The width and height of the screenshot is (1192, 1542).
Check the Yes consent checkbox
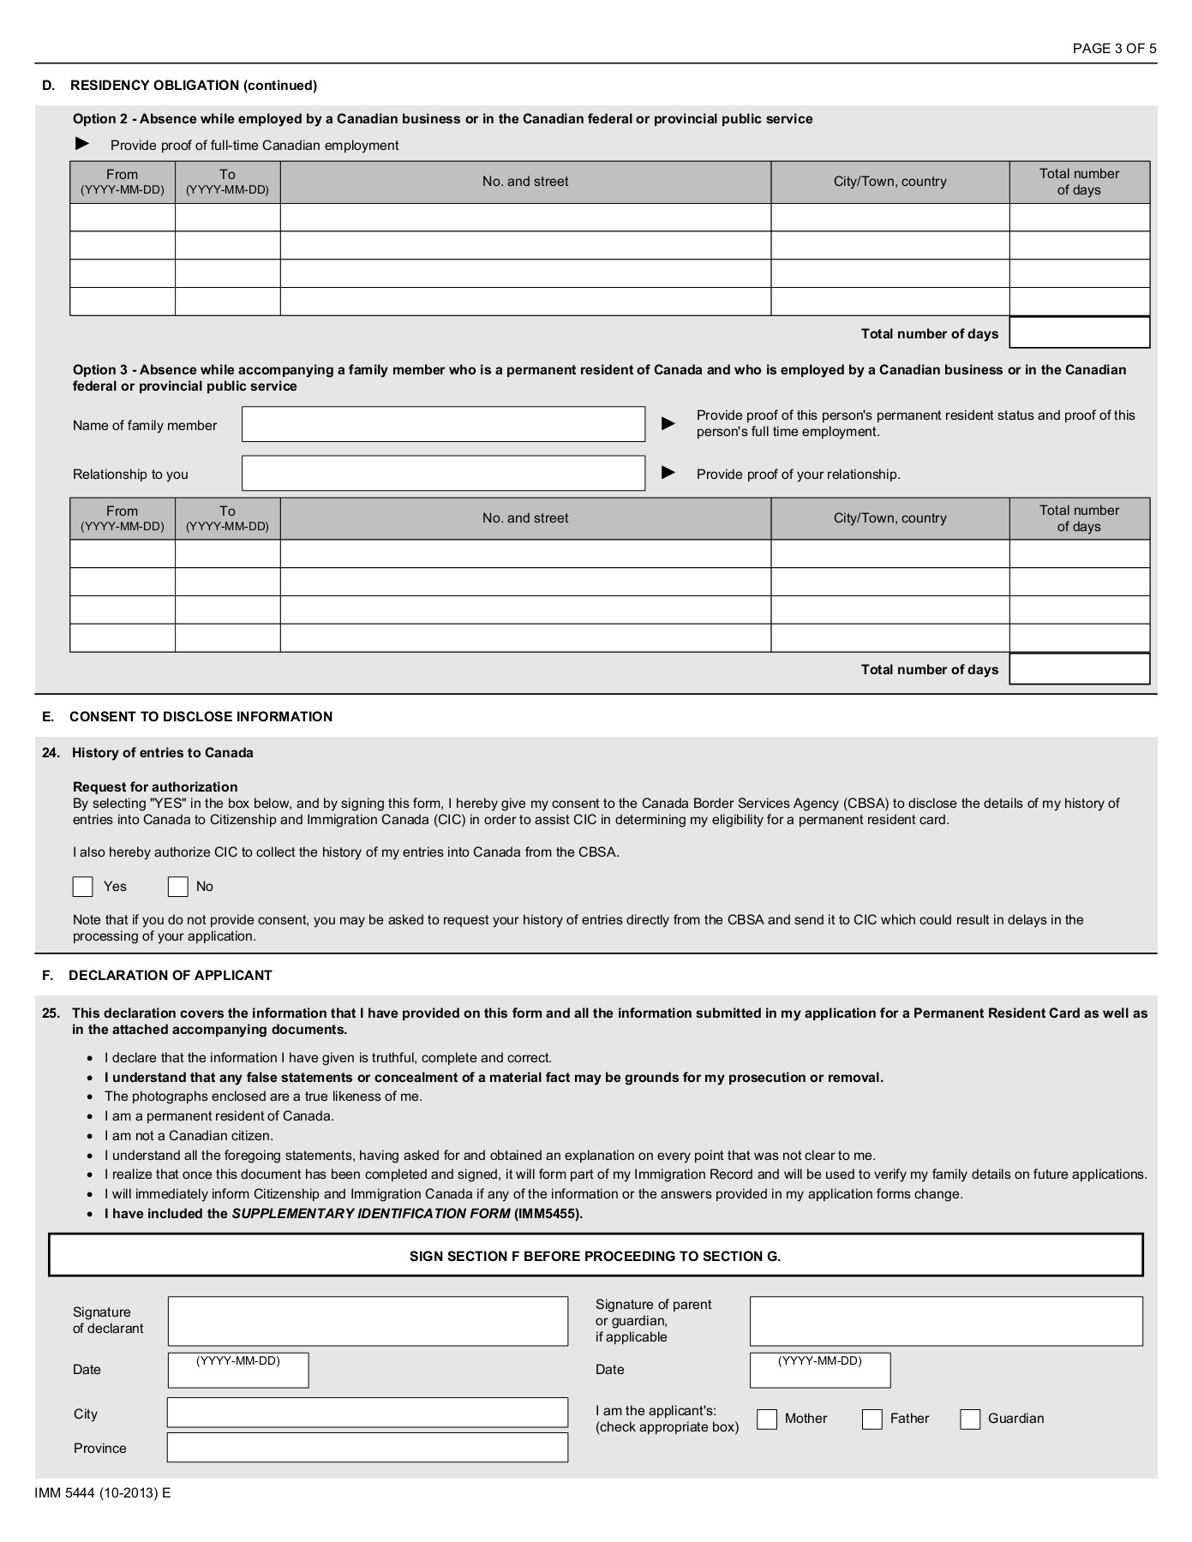pos(83,887)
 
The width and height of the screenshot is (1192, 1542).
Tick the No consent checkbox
pos(177,887)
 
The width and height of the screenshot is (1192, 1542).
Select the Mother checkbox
pos(767,1419)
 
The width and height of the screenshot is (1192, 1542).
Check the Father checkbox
pos(872,1419)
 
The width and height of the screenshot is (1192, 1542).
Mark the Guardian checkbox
pos(970,1419)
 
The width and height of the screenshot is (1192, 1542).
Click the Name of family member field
pos(443,425)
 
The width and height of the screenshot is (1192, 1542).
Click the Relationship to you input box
pos(443,473)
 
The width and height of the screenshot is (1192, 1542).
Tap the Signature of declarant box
pos(368,1321)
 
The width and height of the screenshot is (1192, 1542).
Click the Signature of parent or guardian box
pos(946,1321)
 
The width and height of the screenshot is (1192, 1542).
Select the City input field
pos(368,1413)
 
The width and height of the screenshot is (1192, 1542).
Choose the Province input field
pos(368,1447)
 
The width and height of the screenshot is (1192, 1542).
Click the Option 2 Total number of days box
pos(1079,333)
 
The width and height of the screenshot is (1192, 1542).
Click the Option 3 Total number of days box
pos(1079,669)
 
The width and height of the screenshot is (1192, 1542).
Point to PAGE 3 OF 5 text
pos(1114,49)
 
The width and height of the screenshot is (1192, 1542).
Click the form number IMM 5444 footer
pos(103,1492)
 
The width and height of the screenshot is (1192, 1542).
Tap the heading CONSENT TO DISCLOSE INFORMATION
pos(201,717)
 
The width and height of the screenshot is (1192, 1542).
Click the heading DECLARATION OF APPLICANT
pos(171,976)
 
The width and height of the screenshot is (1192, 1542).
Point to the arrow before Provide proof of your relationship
pos(669,473)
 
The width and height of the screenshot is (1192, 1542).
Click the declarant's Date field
pos(238,1371)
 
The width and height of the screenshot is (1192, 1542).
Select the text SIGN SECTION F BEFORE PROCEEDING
pos(595,1257)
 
